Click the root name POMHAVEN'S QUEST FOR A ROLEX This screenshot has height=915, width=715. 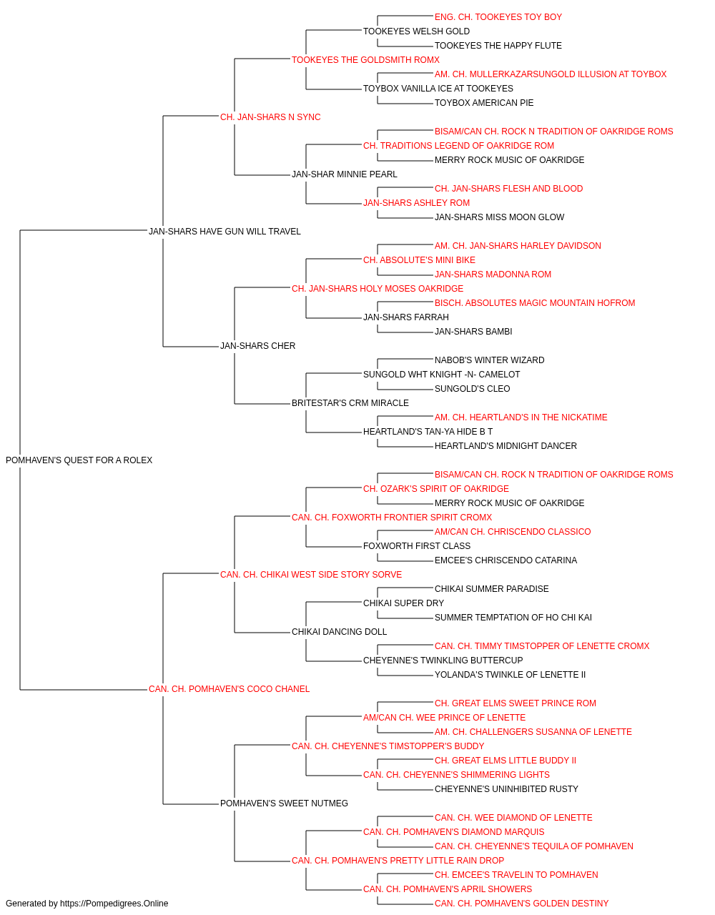(x=79, y=460)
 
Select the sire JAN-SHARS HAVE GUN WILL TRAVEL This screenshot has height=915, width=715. (x=225, y=231)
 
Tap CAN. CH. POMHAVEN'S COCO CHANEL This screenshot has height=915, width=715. (x=229, y=689)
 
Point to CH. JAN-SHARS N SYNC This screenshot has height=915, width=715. (x=270, y=117)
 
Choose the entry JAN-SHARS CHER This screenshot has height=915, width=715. (x=257, y=346)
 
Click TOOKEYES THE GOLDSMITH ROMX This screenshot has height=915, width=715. (x=365, y=60)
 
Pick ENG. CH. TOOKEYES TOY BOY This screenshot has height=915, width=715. (x=498, y=17)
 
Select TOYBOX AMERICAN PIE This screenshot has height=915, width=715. (x=484, y=103)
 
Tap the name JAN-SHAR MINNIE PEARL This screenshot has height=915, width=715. (x=345, y=174)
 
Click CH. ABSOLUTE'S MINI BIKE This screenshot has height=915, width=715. (x=419, y=260)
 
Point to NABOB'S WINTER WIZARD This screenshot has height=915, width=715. (x=489, y=360)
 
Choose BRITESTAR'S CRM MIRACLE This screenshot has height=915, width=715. (x=350, y=403)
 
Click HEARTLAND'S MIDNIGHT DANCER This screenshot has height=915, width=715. (x=506, y=446)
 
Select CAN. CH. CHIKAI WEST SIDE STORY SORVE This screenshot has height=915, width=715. (x=311, y=575)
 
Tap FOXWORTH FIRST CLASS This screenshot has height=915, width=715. (x=417, y=546)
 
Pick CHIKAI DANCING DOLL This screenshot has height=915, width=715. (x=339, y=632)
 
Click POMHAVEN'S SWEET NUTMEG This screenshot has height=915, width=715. (x=284, y=803)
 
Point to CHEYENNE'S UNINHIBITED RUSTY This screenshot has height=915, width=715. (x=506, y=789)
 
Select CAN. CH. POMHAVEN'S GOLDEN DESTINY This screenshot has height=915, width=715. (x=521, y=904)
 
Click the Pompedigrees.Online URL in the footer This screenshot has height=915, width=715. (x=114, y=904)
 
